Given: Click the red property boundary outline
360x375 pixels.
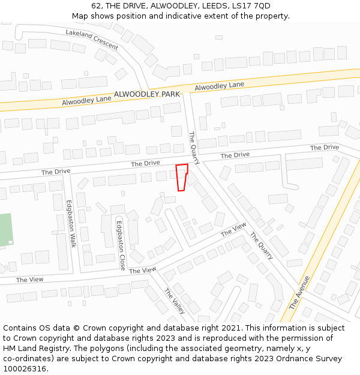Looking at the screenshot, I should coord(182,177).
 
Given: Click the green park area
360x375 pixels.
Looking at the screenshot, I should coord(5,230).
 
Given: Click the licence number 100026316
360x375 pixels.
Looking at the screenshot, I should coord(23,369).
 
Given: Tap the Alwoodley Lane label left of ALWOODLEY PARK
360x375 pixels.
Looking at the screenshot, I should coord(86,100).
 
